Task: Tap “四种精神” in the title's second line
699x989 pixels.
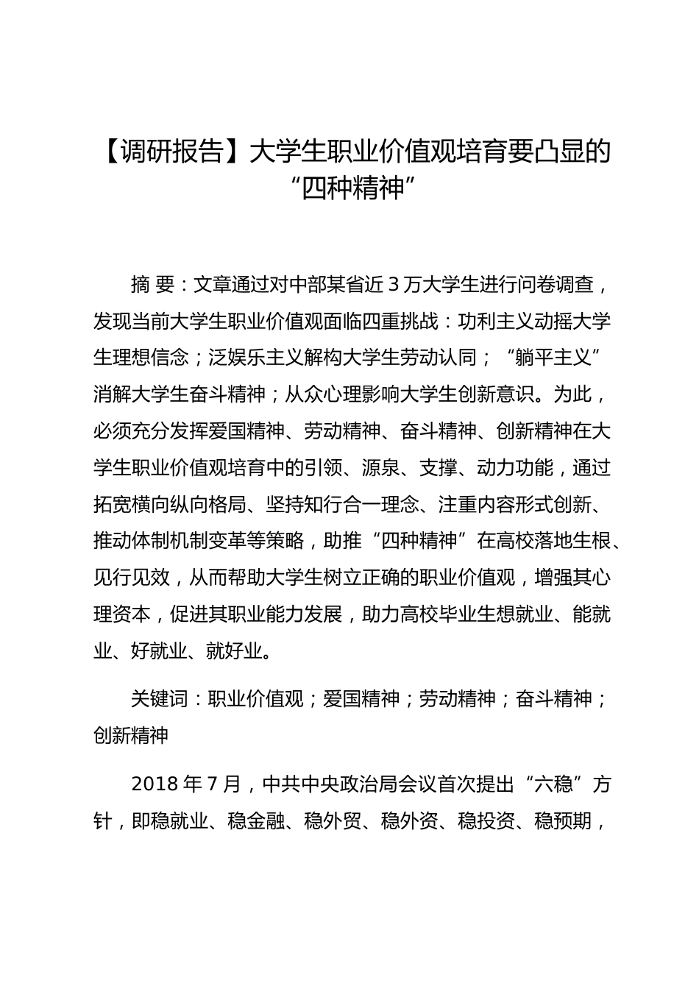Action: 349,188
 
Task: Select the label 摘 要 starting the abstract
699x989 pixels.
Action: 152,284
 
